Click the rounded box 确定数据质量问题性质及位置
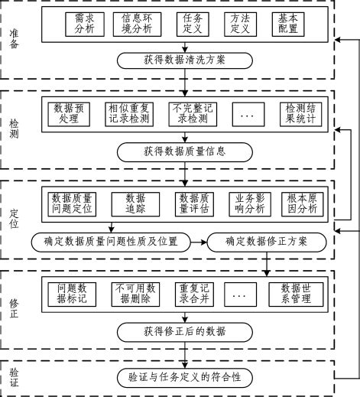(x=112, y=242)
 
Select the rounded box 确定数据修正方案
(x=267, y=242)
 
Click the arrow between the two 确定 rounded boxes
(x=199, y=242)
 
